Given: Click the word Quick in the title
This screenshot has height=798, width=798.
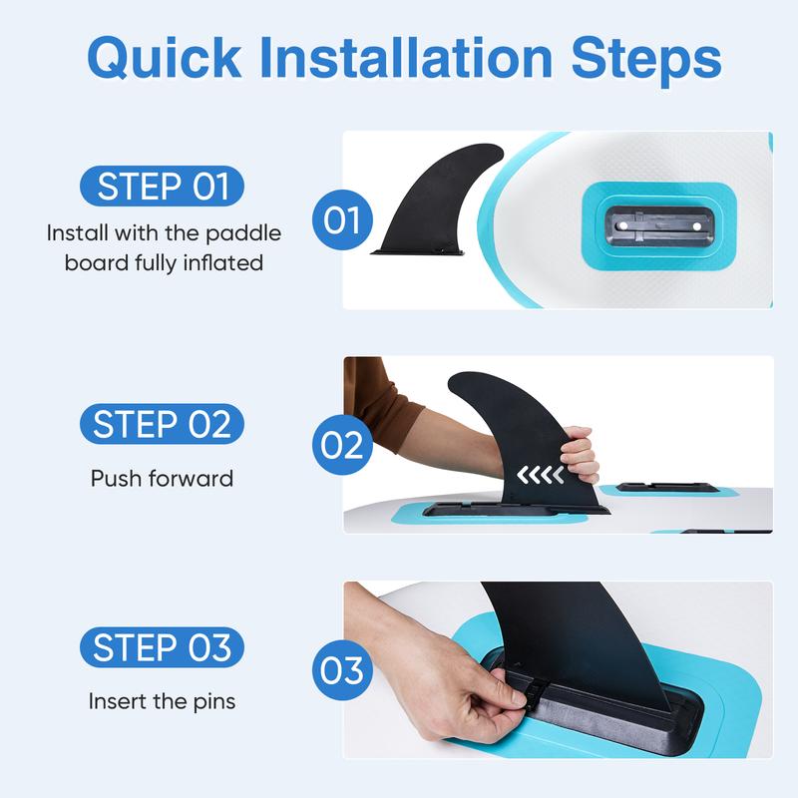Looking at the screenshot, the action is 165,58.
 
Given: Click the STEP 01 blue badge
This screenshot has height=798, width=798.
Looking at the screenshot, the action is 162,186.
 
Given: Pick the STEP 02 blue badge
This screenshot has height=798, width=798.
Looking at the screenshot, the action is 162,424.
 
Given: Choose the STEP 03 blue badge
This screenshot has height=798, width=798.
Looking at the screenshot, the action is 162,647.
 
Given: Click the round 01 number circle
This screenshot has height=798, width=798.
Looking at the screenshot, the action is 342,219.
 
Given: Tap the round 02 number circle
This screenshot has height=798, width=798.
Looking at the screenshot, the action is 342,445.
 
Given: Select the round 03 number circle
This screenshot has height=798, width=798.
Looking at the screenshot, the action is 342,669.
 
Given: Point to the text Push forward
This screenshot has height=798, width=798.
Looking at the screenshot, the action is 162,479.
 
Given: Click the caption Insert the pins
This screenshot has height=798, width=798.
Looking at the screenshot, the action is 162,701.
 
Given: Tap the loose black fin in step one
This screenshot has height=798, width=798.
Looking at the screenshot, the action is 438,199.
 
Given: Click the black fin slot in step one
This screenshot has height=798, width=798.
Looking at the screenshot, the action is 659,226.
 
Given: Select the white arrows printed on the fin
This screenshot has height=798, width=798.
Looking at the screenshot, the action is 540,475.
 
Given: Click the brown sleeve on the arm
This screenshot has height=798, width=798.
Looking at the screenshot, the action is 378,402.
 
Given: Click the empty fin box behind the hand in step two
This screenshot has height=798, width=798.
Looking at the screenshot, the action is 667,488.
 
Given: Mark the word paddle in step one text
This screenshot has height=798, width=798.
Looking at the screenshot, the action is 243,234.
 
